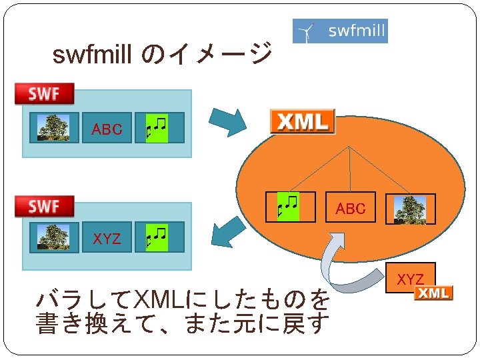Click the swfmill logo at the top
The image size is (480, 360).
coord(340,31)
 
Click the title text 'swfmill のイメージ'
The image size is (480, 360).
coord(162,54)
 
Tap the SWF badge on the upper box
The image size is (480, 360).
coord(45,94)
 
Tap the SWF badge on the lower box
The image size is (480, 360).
coord(45,207)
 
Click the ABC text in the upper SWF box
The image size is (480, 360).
coord(107,129)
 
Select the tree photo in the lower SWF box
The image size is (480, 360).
coord(53,237)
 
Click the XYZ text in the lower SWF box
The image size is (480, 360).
coord(107,238)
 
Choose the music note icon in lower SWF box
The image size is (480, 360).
coord(157,237)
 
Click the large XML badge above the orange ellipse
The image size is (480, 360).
coord(303,121)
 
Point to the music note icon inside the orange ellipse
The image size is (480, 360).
coord(290,207)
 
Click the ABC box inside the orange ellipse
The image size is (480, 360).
coord(351,209)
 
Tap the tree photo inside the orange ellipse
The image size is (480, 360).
coord(410,209)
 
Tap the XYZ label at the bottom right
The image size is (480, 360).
coord(411,279)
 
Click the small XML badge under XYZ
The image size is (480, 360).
coord(433,293)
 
